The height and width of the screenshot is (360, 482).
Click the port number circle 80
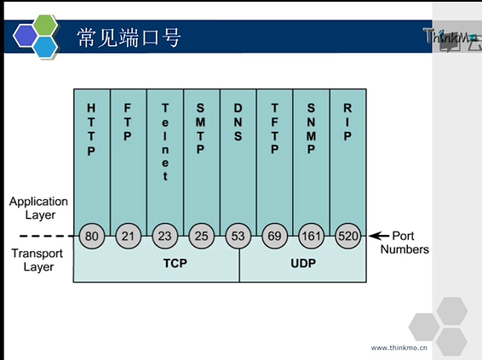[x=92, y=236]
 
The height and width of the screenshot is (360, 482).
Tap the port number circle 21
[x=129, y=236]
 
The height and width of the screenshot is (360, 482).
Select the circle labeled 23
[x=164, y=236]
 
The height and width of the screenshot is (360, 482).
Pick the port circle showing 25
[x=201, y=236]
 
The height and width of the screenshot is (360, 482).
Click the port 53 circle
[x=238, y=236]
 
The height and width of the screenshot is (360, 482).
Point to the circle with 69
[x=274, y=236]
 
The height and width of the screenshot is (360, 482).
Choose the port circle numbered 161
[x=311, y=236]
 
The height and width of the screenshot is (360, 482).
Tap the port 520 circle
[x=347, y=236]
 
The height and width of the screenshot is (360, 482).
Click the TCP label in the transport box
[x=175, y=263]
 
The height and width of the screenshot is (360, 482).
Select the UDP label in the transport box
[x=303, y=263]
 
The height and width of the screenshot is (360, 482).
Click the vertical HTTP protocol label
[x=91, y=129]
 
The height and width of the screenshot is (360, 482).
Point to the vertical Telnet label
[x=165, y=142]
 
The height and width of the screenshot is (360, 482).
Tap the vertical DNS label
[x=238, y=122]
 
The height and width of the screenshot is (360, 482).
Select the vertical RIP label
[x=347, y=122]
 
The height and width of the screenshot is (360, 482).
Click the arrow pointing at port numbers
[x=379, y=236]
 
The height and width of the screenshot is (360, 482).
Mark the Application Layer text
[x=38, y=208]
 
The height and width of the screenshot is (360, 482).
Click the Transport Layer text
[x=37, y=260]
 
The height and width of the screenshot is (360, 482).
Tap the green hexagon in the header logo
[x=45, y=26]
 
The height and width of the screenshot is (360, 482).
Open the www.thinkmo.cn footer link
[x=399, y=348]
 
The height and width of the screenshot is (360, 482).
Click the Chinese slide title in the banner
[x=129, y=37]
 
